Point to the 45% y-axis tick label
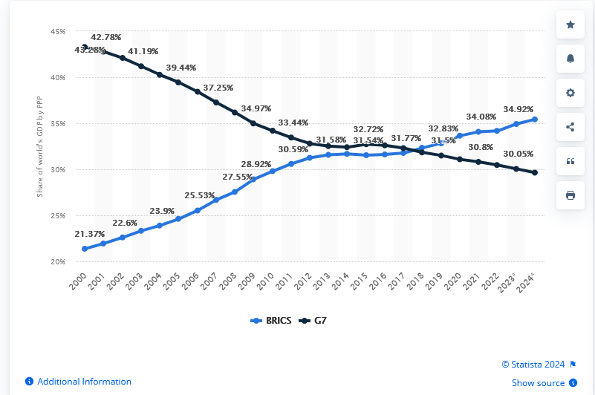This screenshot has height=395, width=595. pyautogui.click(x=58, y=32)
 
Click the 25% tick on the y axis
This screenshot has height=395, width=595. pyautogui.click(x=58, y=216)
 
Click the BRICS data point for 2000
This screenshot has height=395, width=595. pyautogui.click(x=85, y=249)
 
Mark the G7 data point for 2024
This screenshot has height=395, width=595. pyautogui.click(x=535, y=172)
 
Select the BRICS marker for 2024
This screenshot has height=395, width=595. pyautogui.click(x=535, y=119)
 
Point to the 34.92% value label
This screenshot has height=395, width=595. pyautogui.click(x=518, y=108)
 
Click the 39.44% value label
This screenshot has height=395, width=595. pyautogui.click(x=181, y=67)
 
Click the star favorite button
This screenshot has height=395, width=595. pyautogui.click(x=570, y=25)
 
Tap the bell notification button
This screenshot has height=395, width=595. pyautogui.click(x=570, y=59)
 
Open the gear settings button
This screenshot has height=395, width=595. pyautogui.click(x=570, y=93)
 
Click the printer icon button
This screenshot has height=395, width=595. pyautogui.click(x=570, y=195)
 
